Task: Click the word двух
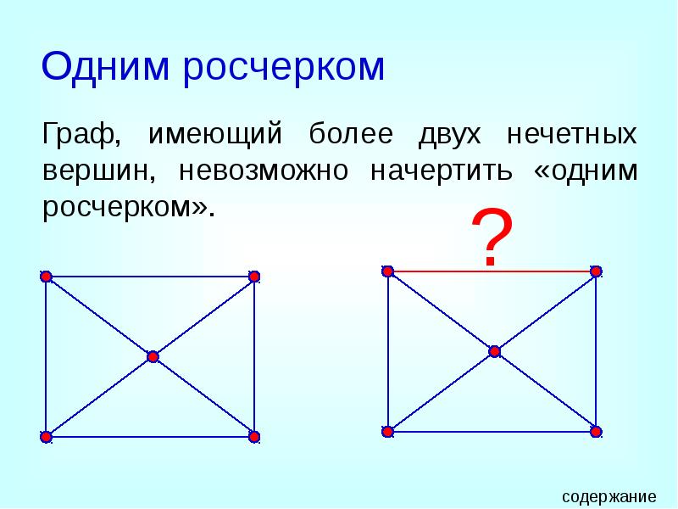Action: coord(449,136)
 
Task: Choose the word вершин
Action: coord(97,171)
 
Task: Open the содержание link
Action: coord(609,496)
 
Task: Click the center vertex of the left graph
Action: coord(153,357)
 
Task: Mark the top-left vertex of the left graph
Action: coord(46,277)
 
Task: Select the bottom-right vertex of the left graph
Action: coord(253,437)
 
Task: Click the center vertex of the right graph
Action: coord(495,351)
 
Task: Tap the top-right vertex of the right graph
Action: coord(596,271)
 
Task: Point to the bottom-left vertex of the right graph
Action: coord(387,432)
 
